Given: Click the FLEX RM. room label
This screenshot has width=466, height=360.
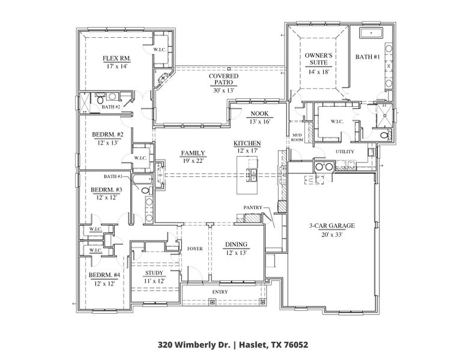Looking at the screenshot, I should pyautogui.click(x=116, y=59).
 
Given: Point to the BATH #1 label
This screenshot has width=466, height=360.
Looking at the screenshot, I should pyautogui.click(x=368, y=57).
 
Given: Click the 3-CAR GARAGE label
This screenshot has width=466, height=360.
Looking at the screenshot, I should pyautogui.click(x=332, y=226).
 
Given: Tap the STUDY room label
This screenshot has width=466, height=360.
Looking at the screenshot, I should pyautogui.click(x=154, y=273).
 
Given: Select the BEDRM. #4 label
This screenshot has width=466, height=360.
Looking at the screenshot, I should pyautogui.click(x=105, y=275).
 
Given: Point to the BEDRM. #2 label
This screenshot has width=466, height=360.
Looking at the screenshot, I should pyautogui.click(x=108, y=134).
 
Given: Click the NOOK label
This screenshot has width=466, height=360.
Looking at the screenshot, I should pyautogui.click(x=259, y=113).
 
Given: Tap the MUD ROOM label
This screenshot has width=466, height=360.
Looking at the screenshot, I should pyautogui.click(x=297, y=137).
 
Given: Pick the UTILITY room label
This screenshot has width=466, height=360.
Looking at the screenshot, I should pyautogui.click(x=345, y=151).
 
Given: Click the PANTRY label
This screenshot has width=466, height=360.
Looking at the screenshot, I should pyautogui.click(x=252, y=207).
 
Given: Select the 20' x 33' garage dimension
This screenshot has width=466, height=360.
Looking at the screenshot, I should pyautogui.click(x=332, y=234).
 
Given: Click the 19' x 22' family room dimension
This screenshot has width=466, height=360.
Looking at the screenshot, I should pyautogui.click(x=193, y=161).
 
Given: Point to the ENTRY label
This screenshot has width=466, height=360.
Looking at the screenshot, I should pyautogui.click(x=219, y=292).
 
